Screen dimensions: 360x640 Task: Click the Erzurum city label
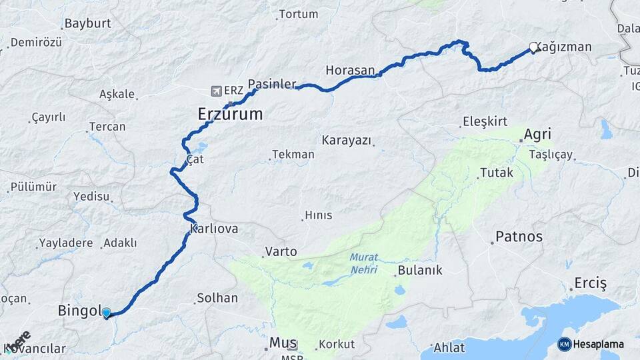[x=230, y=115]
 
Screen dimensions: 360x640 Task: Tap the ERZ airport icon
[x=216, y=91]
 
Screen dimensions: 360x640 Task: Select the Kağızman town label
[x=564, y=47]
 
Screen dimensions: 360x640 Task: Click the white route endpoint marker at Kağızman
[x=533, y=47]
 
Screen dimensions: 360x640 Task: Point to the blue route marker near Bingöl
[x=106, y=313]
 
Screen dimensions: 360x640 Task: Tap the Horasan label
[x=350, y=70]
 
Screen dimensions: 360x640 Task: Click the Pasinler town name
[x=272, y=84]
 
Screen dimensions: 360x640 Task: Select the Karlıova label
[x=214, y=229]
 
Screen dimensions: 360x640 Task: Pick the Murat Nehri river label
[x=363, y=263]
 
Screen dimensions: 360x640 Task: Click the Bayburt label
[x=87, y=24]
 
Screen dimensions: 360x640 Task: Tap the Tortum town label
[x=298, y=14]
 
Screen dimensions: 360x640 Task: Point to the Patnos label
[x=519, y=237]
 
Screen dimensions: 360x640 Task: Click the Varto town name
[x=281, y=252]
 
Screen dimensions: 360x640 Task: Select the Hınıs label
[x=318, y=215]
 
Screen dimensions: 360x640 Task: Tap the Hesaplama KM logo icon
[x=564, y=345]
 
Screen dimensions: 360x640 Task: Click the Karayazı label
[x=347, y=141]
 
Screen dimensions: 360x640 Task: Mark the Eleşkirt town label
[x=485, y=122]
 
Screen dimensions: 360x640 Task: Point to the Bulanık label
[x=419, y=271]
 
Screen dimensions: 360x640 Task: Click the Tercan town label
[x=107, y=127]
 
